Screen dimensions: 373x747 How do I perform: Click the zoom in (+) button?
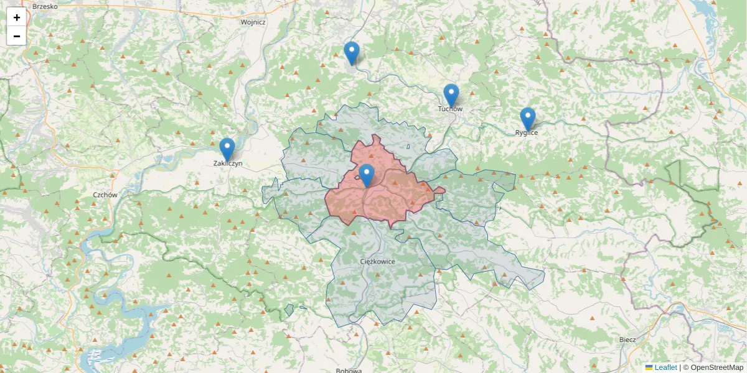pyautogui.click(x=17, y=17)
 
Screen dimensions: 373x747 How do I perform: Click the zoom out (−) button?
pyautogui.click(x=17, y=36)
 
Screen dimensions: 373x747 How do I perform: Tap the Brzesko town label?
pyautogui.click(x=44, y=6)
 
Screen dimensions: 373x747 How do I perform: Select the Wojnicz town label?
pyautogui.click(x=253, y=22)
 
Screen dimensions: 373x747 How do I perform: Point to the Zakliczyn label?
pyautogui.click(x=227, y=163)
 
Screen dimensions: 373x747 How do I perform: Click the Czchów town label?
pyautogui.click(x=105, y=195)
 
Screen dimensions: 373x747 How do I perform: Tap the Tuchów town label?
pyautogui.click(x=450, y=109)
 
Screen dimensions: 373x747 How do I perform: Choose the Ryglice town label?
pyautogui.click(x=527, y=132)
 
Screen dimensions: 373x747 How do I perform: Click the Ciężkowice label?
pyautogui.click(x=378, y=262)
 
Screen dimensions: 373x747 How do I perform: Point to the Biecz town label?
pyautogui.click(x=627, y=339)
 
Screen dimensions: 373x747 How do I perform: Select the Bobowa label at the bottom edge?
pyautogui.click(x=349, y=371)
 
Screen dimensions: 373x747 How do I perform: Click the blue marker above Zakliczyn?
pyautogui.click(x=227, y=150)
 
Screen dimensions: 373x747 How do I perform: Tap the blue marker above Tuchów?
pyautogui.click(x=451, y=95)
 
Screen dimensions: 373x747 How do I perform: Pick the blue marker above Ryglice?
pyautogui.click(x=528, y=119)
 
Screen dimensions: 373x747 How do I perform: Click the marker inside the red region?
pyautogui.click(x=367, y=175)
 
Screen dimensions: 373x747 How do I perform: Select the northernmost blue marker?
pyautogui.click(x=352, y=53)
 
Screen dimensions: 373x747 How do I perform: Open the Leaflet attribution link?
pyautogui.click(x=665, y=367)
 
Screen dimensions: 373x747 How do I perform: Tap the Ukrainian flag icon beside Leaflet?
pyautogui.click(x=649, y=367)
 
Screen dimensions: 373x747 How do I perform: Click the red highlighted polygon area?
pyautogui.click(x=398, y=199)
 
